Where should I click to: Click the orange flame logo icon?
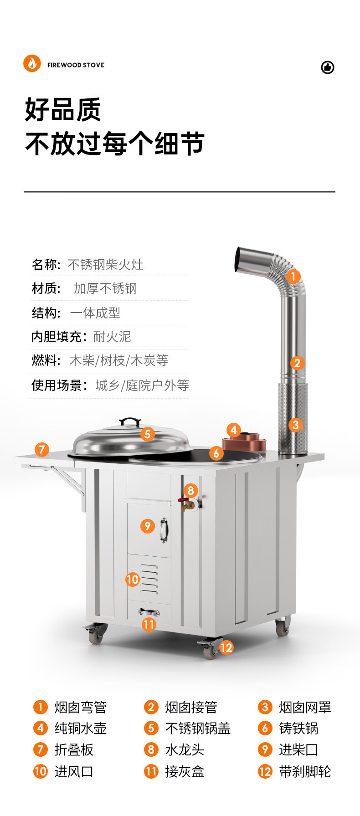coord(32,63)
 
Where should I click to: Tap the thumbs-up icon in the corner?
coord(328,67)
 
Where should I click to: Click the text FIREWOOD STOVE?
coord(76,65)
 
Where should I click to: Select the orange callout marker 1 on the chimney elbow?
coord(293,276)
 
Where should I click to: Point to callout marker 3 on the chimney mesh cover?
coord(295,425)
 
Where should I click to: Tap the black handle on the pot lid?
coord(130,421)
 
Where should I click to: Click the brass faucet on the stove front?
coord(185,503)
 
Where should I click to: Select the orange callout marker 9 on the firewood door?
coord(147,526)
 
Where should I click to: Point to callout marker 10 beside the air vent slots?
coord(132,580)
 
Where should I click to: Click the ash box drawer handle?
coord(149,612)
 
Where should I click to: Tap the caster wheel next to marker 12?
coord(210,650)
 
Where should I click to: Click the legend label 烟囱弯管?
coord(80,707)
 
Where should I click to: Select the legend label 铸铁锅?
coord(298,728)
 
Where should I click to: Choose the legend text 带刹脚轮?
coord(305,771)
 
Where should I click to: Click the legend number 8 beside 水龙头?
coord(151,749)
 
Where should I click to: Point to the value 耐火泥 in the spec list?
coord(112,337)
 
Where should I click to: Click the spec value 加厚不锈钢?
coord(105,288)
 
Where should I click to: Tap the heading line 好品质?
coord(63,110)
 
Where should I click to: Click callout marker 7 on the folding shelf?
coord(41,450)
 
